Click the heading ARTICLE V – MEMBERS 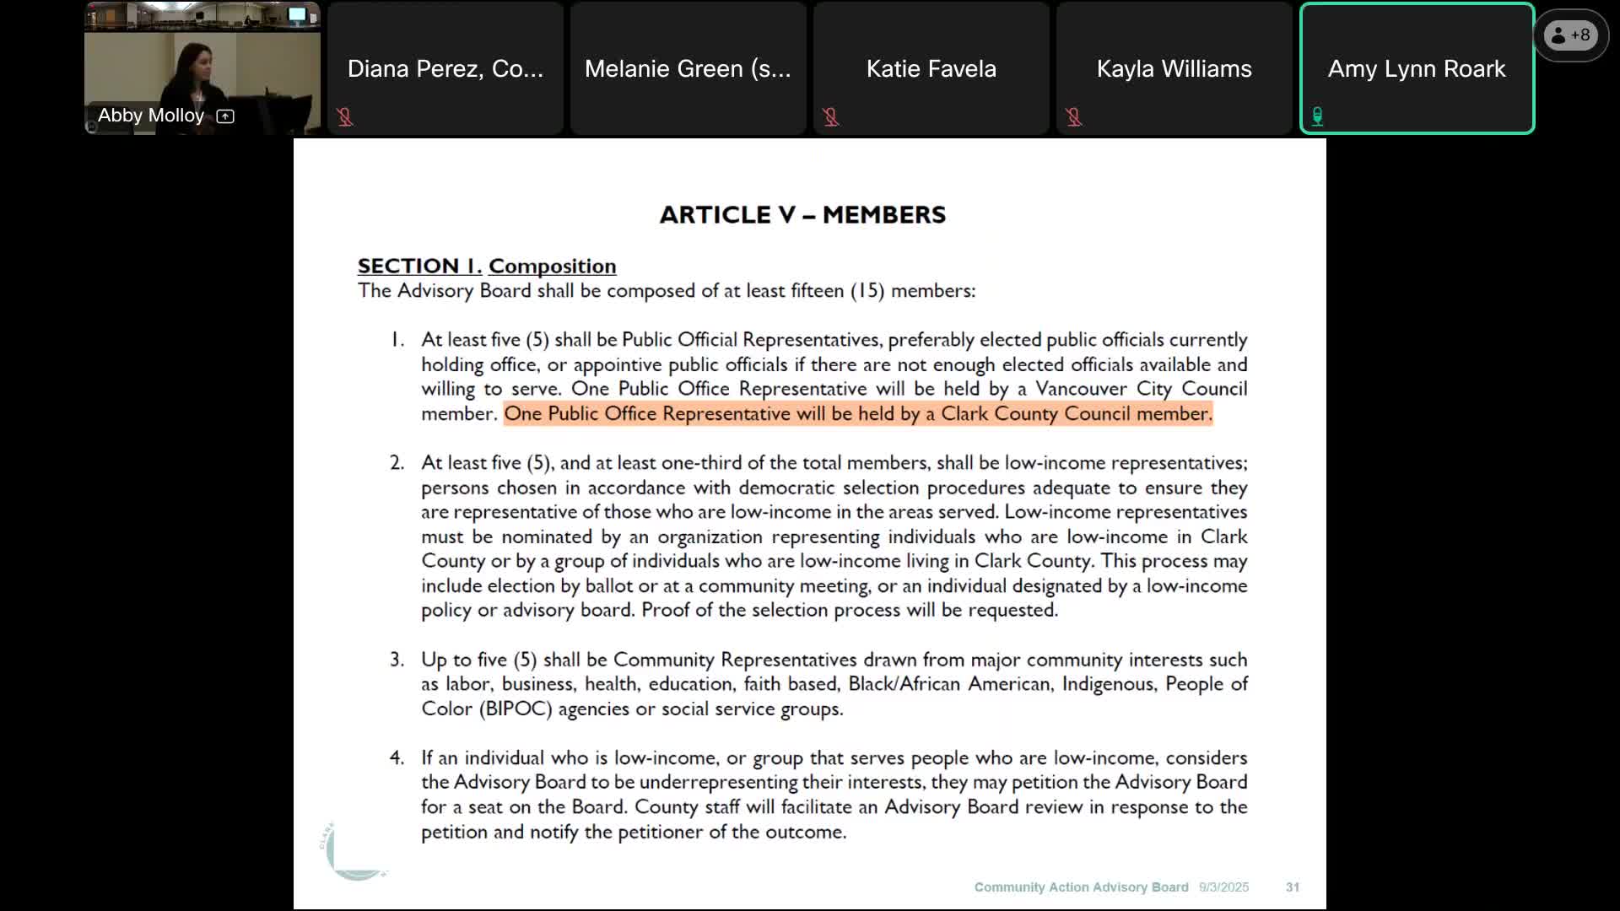click(802, 215)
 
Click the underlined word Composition click(552, 267)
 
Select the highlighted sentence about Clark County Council click(857, 414)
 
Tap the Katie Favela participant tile click(931, 69)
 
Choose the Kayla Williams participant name click(1174, 69)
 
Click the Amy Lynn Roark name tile click(1416, 69)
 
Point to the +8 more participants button click(1570, 35)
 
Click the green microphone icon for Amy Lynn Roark click(1317, 116)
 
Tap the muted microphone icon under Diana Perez click(345, 117)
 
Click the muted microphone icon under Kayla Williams click(1074, 117)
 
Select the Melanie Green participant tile click(688, 69)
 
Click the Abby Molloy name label click(151, 116)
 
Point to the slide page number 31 click(1292, 887)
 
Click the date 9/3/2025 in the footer click(1223, 887)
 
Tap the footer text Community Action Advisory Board click(1081, 887)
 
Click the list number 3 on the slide click(397, 660)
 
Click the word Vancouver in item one click(1081, 389)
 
